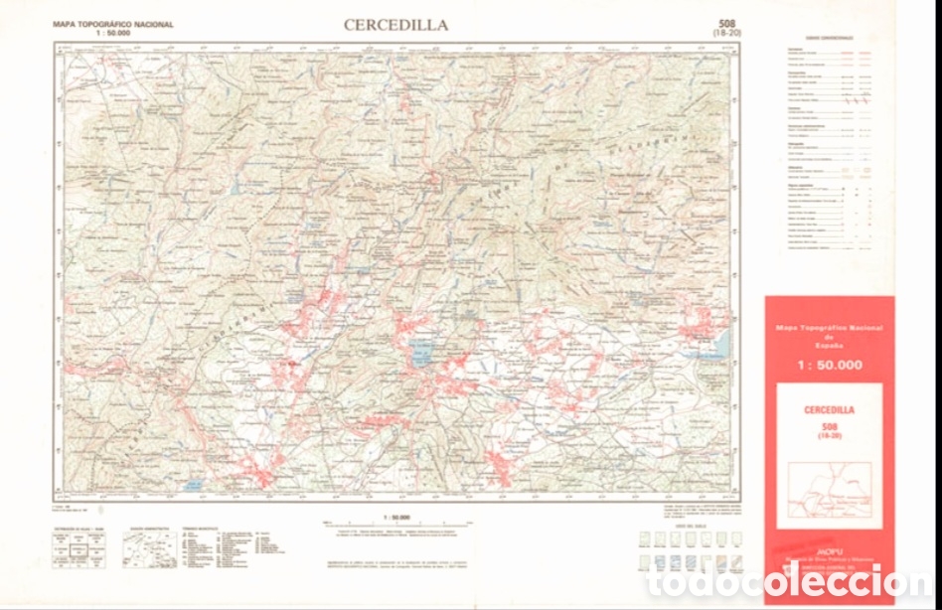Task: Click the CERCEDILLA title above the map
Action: (x=395, y=25)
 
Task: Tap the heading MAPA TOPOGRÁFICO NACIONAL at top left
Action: (x=113, y=24)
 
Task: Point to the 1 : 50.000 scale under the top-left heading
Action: (x=112, y=32)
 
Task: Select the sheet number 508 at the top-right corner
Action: (x=726, y=23)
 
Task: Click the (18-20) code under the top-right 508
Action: (x=726, y=33)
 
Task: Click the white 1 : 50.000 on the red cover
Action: (x=829, y=365)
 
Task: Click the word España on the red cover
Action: (x=829, y=345)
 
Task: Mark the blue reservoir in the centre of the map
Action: (x=420, y=353)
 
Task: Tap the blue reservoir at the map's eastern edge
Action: (x=719, y=345)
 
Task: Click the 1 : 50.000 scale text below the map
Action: (x=396, y=517)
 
